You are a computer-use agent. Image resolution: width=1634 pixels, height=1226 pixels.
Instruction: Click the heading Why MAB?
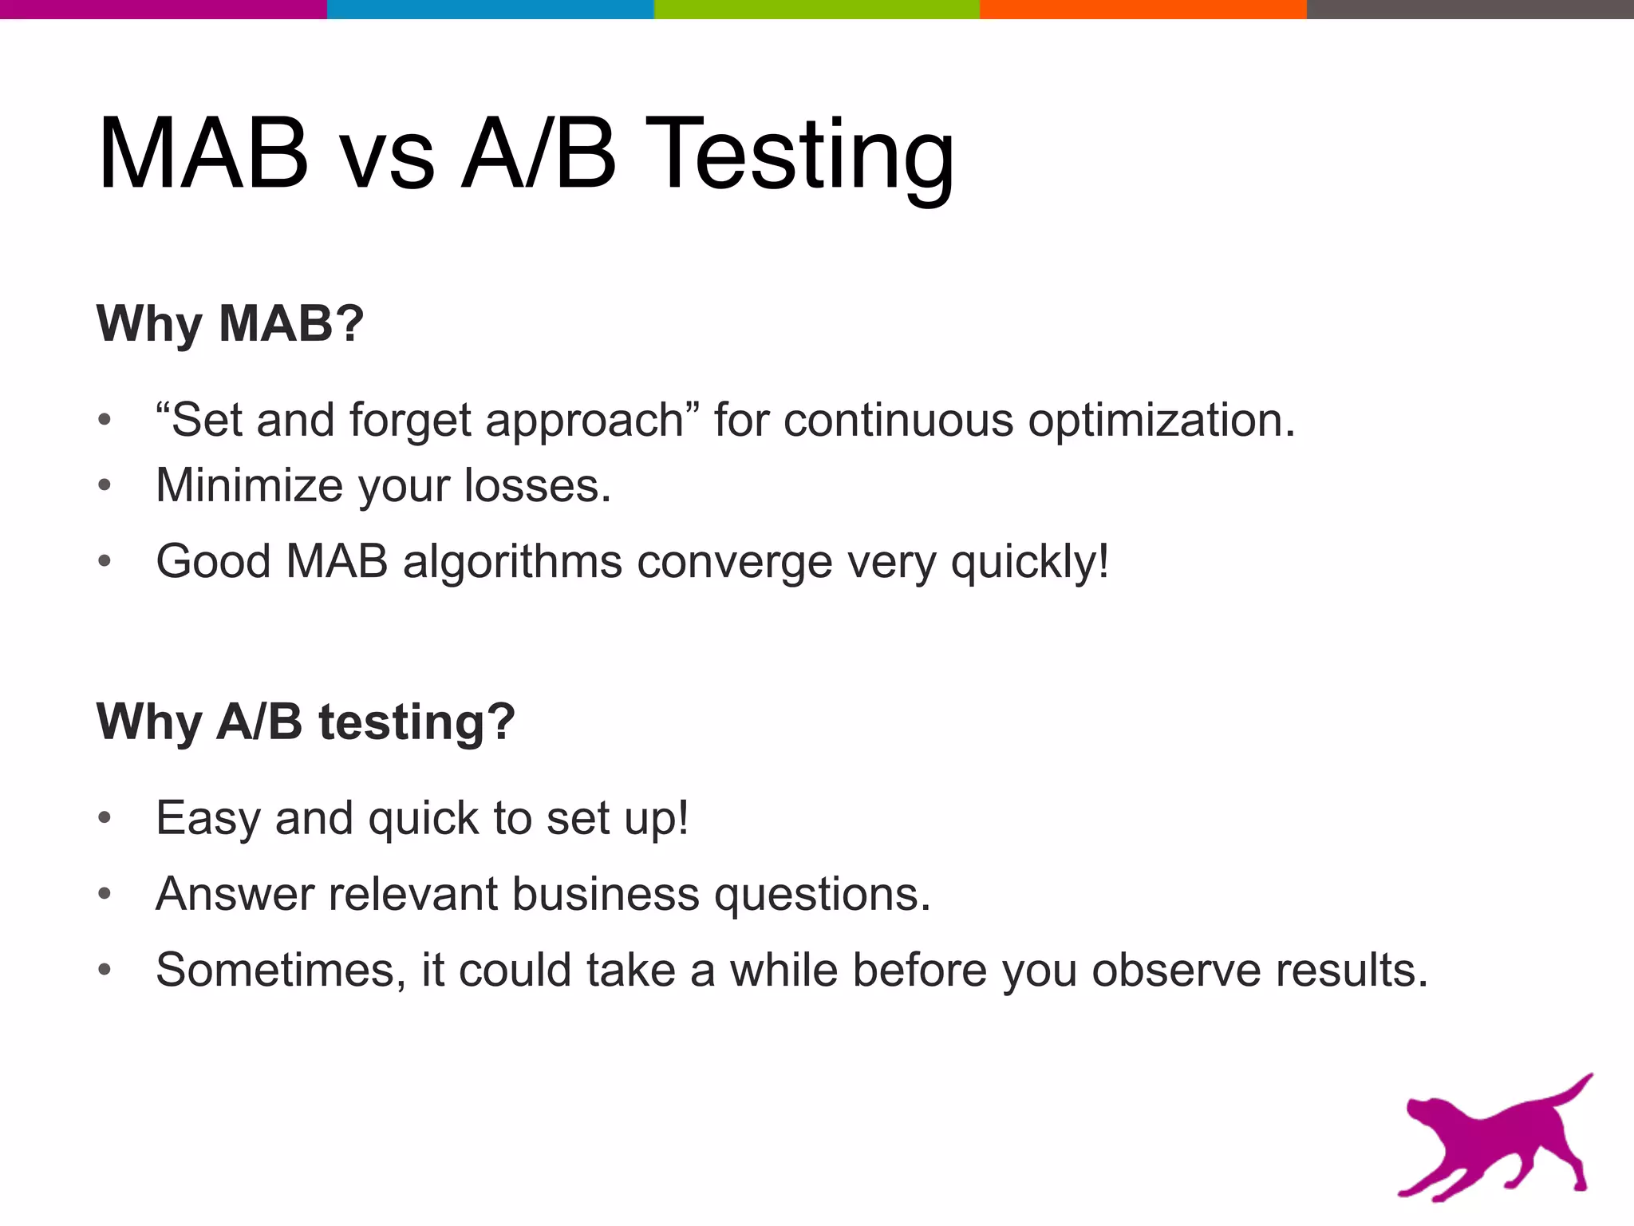pos(230,324)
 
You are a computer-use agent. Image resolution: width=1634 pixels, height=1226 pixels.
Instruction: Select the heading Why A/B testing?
pos(306,722)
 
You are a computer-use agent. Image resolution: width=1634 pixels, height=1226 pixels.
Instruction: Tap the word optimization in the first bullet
pos(1161,421)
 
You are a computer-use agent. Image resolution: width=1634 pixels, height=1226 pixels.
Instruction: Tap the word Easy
pos(207,819)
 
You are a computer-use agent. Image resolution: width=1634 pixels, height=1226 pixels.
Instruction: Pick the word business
pos(606,894)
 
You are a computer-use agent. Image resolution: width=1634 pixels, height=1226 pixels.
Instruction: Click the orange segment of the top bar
pos(1143,9)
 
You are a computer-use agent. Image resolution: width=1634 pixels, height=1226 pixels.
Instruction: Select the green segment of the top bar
pos(816,9)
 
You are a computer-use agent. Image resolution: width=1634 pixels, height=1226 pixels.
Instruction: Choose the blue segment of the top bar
pos(490,9)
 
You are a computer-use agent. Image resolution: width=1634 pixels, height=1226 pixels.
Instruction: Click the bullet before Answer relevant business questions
pos(105,895)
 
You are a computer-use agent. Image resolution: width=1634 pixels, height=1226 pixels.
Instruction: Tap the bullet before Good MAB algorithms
pos(105,562)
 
